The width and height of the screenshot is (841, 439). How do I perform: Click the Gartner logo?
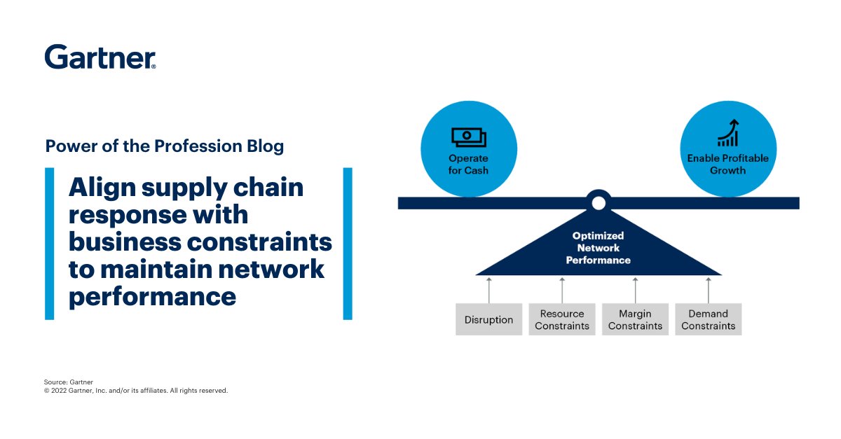(x=100, y=57)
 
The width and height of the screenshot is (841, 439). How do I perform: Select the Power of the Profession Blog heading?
(x=165, y=146)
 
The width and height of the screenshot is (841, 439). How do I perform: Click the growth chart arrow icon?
(x=727, y=133)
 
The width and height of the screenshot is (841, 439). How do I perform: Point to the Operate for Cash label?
(x=468, y=165)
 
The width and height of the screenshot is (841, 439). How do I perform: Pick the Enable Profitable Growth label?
(x=727, y=165)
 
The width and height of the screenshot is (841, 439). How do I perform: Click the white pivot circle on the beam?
(x=598, y=203)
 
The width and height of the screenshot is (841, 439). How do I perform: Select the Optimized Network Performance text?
(x=599, y=248)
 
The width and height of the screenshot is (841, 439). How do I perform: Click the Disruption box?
(x=488, y=320)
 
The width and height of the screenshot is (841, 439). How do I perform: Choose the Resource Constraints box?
(x=561, y=320)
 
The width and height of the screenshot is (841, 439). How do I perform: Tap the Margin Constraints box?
(x=635, y=320)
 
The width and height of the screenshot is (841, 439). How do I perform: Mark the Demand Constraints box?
(x=708, y=320)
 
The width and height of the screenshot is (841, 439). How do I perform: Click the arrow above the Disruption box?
(x=489, y=288)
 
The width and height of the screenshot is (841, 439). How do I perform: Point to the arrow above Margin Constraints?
(x=635, y=288)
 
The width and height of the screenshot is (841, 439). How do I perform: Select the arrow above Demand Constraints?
(x=708, y=288)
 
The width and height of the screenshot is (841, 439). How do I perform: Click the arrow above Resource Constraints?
(x=562, y=288)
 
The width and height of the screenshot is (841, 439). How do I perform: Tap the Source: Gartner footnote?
(x=68, y=382)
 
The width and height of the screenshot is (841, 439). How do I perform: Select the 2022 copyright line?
(x=135, y=391)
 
